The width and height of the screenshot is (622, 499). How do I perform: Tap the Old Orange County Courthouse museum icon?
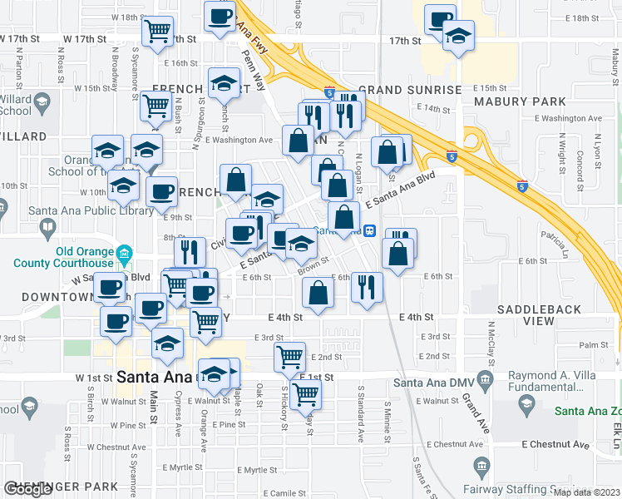click(124, 252)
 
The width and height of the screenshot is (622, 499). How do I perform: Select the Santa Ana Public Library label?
click(91, 211)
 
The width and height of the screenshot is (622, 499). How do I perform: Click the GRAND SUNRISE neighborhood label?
click(410, 90)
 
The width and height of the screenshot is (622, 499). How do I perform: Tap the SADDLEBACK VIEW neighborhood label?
click(538, 315)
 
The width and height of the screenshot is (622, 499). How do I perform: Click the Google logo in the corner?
click(27, 489)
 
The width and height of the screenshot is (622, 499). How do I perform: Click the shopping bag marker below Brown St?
click(318, 292)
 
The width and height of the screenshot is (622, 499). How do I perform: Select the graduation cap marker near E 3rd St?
click(167, 342)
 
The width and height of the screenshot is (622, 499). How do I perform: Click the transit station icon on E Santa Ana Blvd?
click(370, 231)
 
